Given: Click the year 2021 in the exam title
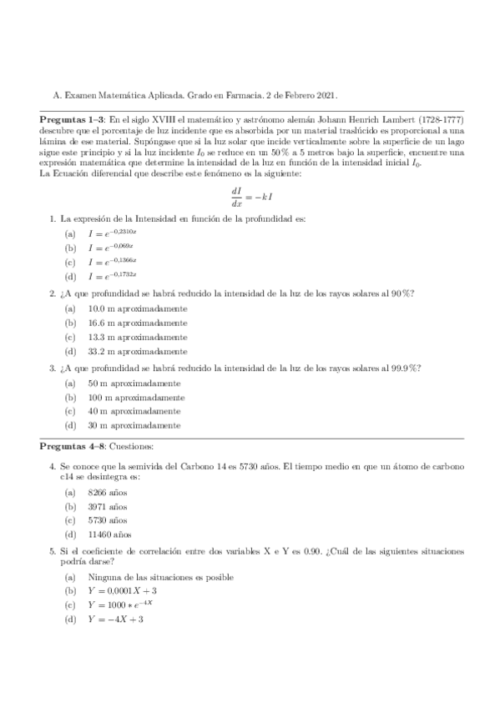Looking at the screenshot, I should click(x=326, y=95).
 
